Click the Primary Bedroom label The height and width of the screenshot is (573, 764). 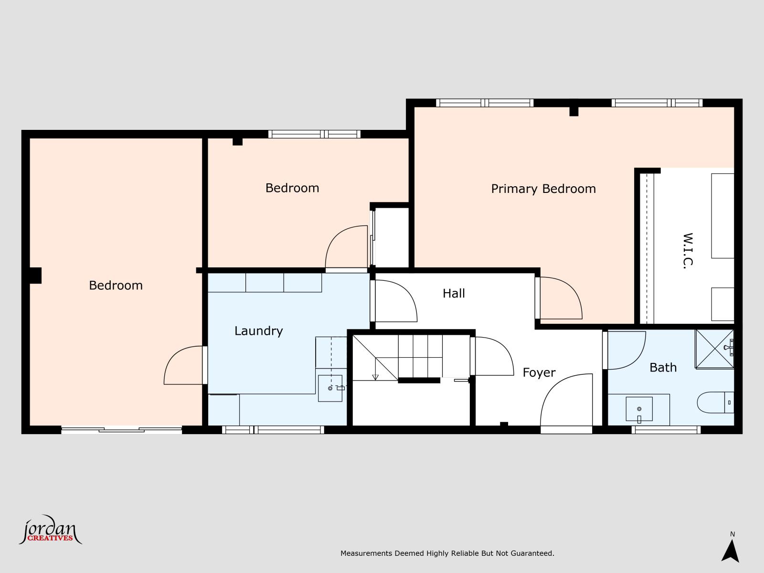543,189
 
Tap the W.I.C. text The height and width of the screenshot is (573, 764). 688,251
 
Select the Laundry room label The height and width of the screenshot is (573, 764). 258,331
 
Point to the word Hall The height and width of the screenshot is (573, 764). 454,293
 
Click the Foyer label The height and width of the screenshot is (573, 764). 539,372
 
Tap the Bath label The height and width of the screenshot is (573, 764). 663,367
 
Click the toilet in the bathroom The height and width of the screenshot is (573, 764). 714,403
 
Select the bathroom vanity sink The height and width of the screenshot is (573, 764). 639,409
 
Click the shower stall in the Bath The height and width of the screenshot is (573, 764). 714,349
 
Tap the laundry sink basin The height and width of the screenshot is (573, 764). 330,388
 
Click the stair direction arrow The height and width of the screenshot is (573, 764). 375,376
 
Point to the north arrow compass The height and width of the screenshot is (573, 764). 730,550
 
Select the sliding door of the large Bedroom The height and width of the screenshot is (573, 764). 121,430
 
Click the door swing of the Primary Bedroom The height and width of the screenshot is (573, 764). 560,298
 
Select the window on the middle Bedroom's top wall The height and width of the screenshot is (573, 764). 314,134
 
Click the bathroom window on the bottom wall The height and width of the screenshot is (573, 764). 666,430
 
